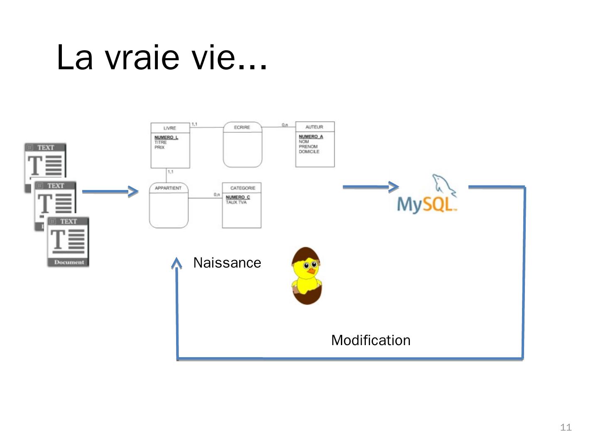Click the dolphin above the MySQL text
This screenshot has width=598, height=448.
(443, 185)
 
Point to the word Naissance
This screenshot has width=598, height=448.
(227, 263)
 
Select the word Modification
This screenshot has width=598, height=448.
(370, 340)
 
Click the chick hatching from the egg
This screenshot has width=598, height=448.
(307, 276)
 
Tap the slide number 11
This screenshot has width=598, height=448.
(566, 427)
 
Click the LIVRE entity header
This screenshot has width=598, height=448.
(169, 128)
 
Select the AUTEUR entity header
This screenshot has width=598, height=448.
(314, 127)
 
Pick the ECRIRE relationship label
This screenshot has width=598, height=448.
(242, 127)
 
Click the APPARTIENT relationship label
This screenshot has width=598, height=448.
(168, 188)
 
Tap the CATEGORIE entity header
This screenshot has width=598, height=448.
(243, 188)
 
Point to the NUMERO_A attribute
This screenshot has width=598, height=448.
(311, 136)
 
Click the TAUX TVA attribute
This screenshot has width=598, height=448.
(236, 202)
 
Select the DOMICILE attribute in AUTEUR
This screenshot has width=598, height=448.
(309, 152)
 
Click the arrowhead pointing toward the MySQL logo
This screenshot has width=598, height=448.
(393, 187)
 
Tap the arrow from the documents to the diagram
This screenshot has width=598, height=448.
(110, 191)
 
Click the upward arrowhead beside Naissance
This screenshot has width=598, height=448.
(177, 263)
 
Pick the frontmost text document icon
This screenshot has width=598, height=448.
(68, 242)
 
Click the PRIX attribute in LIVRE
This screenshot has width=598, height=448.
(159, 147)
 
